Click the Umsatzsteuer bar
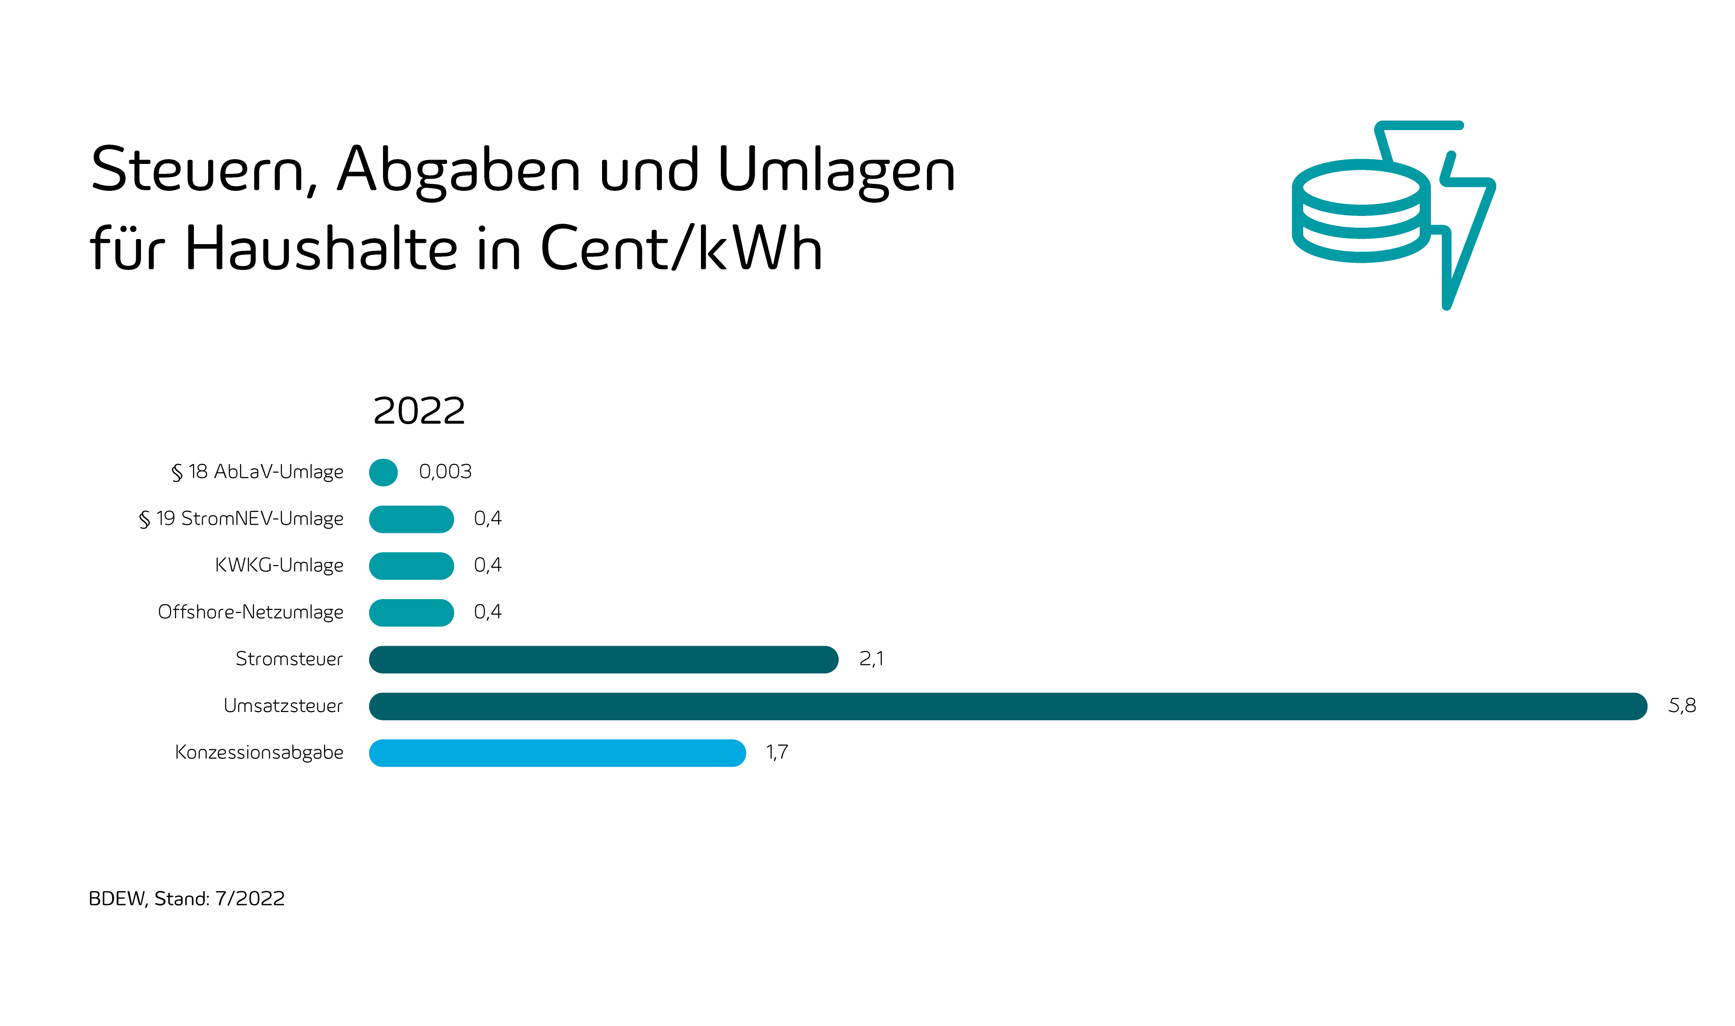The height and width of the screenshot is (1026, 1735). coord(1008,706)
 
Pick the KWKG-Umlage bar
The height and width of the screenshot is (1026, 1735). coord(412,565)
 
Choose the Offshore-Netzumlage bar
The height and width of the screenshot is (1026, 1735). coord(412,613)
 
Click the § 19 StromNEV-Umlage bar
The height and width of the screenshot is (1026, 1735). coord(412,519)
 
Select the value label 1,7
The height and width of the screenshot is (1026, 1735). coord(776,752)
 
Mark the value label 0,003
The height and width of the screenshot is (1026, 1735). coord(445,471)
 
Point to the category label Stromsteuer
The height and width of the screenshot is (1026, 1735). coord(288,659)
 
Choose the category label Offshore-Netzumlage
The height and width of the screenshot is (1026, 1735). coord(250,613)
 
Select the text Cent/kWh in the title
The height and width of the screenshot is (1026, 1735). coord(681,248)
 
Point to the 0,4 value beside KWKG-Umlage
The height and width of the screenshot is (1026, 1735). coord(488,565)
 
